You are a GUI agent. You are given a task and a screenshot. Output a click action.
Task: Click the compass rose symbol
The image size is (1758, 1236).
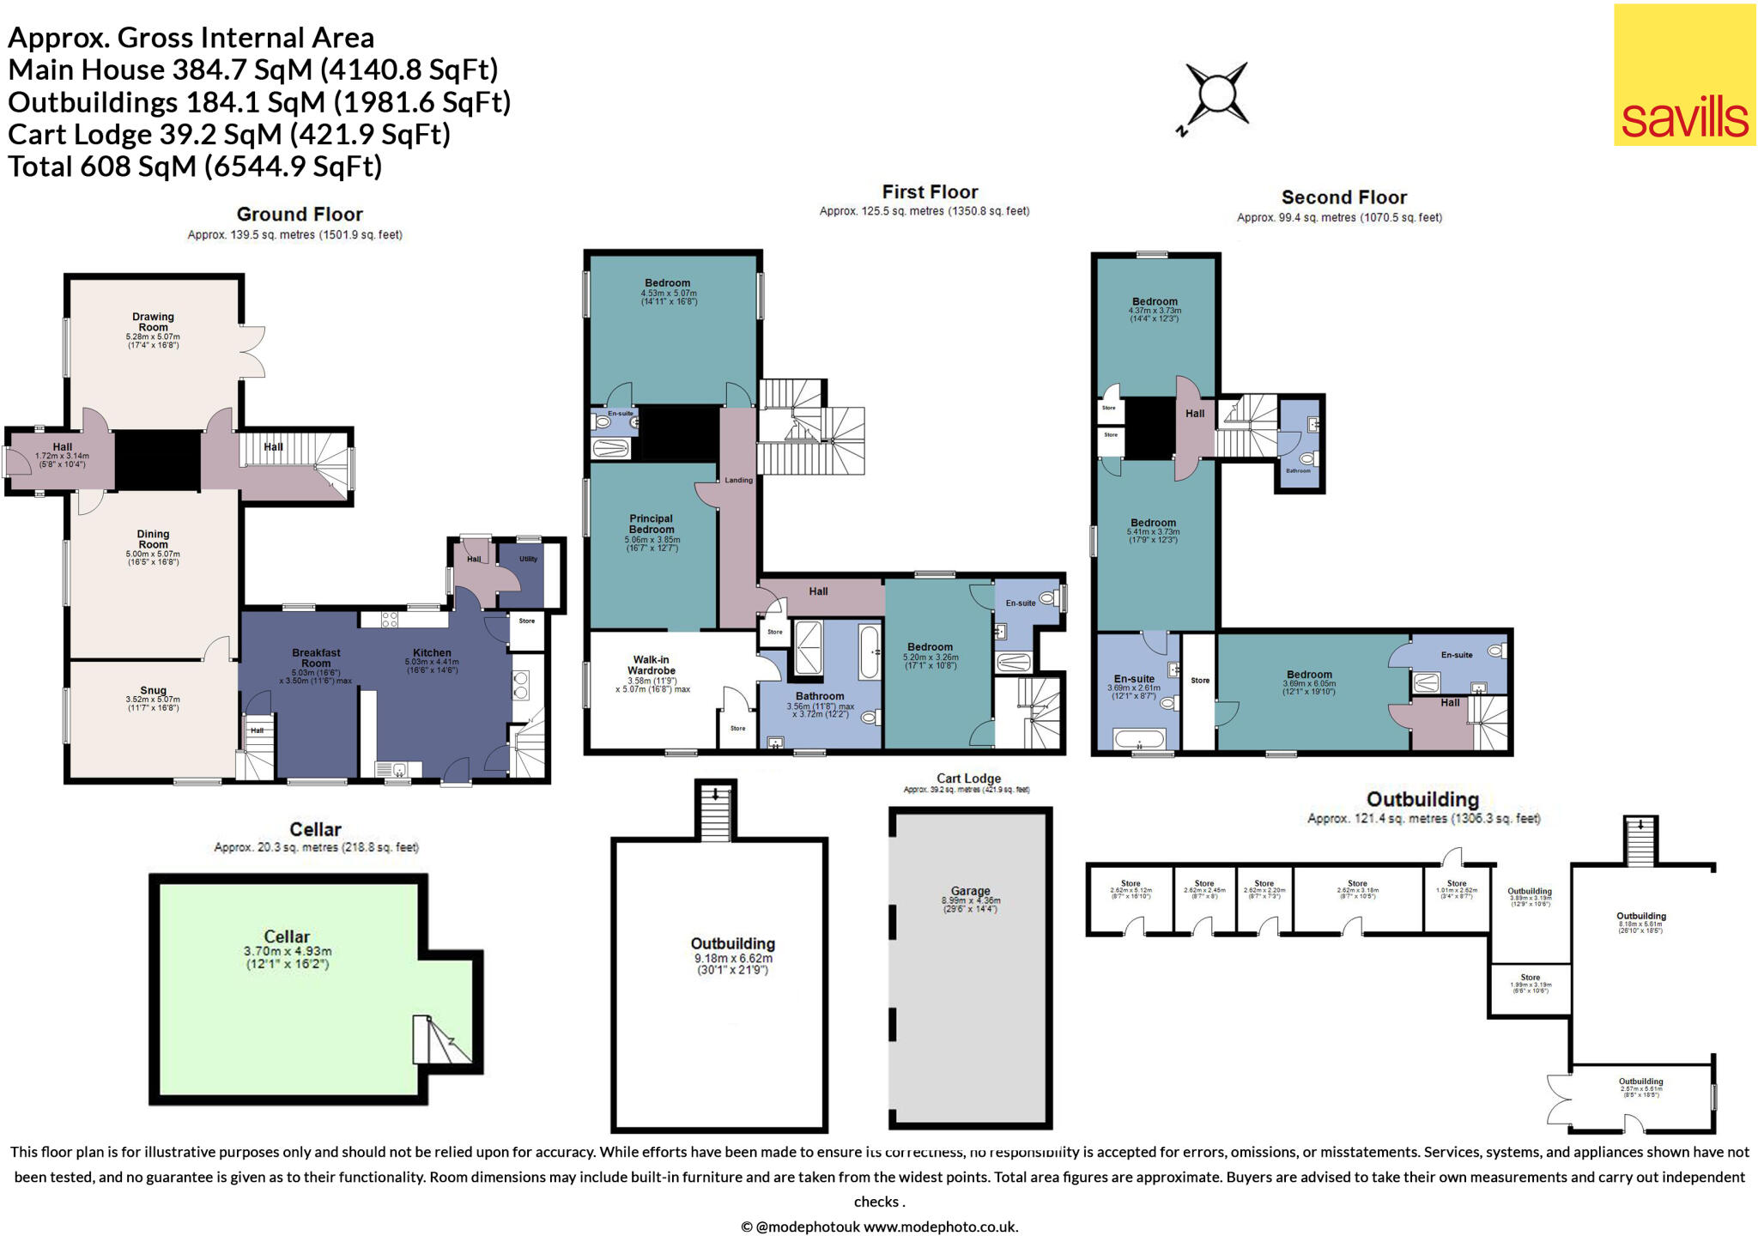[x=1215, y=94]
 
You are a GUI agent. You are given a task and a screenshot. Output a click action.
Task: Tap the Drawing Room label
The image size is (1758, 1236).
[x=153, y=322]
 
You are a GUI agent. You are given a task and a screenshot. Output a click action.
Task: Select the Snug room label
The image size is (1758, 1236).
[x=153, y=690]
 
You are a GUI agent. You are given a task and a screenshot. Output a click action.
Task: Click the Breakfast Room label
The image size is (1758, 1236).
[x=316, y=657]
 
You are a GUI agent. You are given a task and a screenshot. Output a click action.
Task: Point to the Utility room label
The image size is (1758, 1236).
[x=528, y=559]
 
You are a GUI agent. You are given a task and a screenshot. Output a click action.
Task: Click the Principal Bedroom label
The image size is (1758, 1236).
[x=651, y=524]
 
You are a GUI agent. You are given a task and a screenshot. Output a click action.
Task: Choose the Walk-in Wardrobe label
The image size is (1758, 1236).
[x=651, y=665]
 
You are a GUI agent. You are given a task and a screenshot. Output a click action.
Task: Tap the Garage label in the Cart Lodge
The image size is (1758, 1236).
[x=970, y=891]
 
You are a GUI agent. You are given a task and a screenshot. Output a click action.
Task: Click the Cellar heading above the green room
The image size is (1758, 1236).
[x=315, y=829]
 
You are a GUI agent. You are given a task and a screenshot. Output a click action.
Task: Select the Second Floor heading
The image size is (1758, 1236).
[x=1343, y=197]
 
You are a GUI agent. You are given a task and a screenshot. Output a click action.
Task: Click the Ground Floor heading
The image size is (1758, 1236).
[x=300, y=215]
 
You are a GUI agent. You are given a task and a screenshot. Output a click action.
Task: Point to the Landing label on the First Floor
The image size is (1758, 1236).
[x=738, y=480]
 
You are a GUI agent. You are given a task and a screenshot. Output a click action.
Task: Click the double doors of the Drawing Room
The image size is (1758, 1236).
[x=253, y=351]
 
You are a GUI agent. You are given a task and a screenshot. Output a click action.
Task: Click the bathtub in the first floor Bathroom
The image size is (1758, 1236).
[x=869, y=652]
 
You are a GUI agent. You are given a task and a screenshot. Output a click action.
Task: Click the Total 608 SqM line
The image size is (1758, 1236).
[x=195, y=166]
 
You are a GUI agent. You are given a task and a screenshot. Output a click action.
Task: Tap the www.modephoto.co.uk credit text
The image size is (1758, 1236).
[x=940, y=1227]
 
